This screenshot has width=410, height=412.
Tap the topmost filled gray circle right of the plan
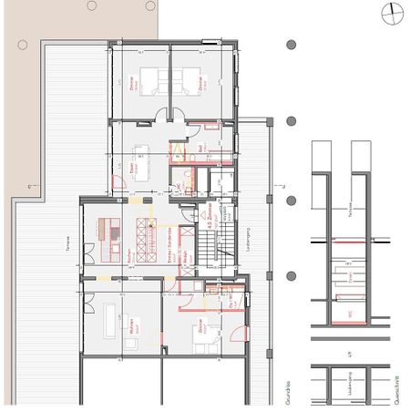291,43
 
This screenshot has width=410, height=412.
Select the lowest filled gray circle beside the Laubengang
291,276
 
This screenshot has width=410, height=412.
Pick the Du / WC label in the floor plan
230,300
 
